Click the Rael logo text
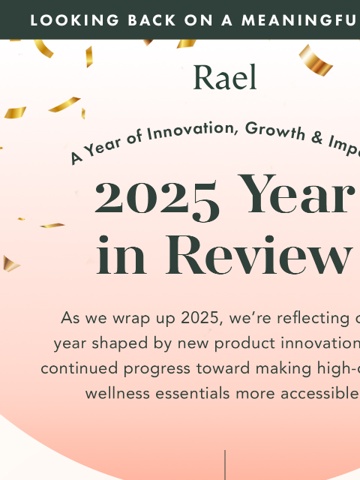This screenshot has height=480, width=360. tap(224, 77)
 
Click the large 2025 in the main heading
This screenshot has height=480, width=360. tap(157, 197)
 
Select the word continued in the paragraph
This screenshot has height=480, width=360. tap(74, 368)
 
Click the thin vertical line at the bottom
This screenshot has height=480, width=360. tap(225, 465)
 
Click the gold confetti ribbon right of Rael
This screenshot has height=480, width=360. tap(315, 60)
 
